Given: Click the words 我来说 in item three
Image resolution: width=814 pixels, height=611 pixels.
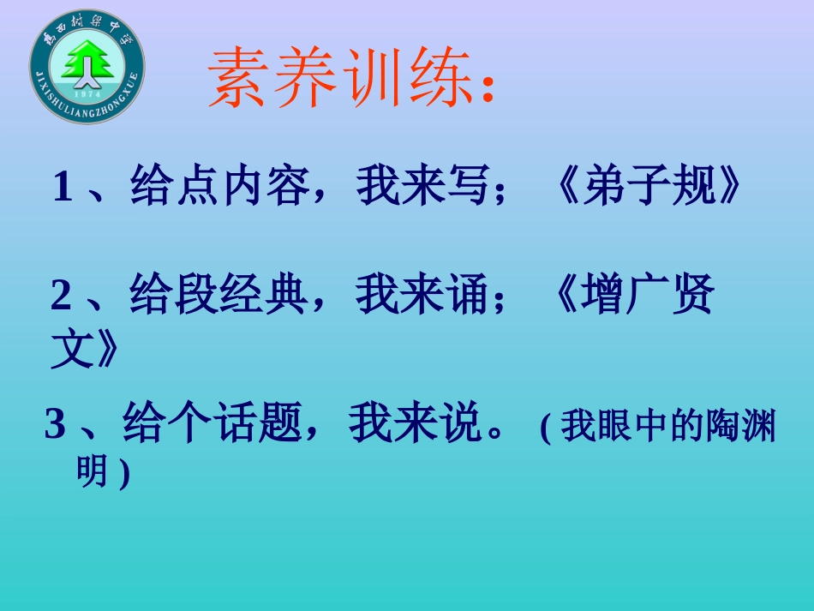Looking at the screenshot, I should tap(416, 425).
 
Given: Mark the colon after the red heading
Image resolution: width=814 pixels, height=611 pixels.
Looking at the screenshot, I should tap(488, 89).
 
